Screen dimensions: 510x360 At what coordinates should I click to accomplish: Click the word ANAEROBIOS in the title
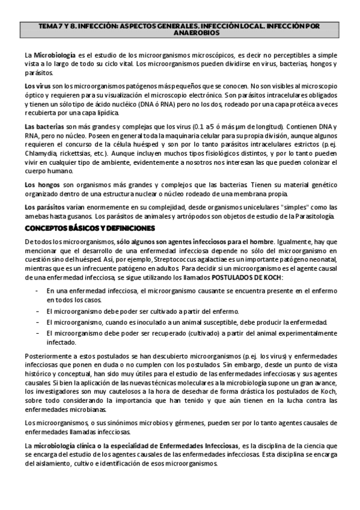[180, 34]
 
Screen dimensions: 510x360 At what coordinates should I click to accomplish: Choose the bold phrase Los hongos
[40, 185]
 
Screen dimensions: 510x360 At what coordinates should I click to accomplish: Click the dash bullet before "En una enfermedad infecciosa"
[39, 291]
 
